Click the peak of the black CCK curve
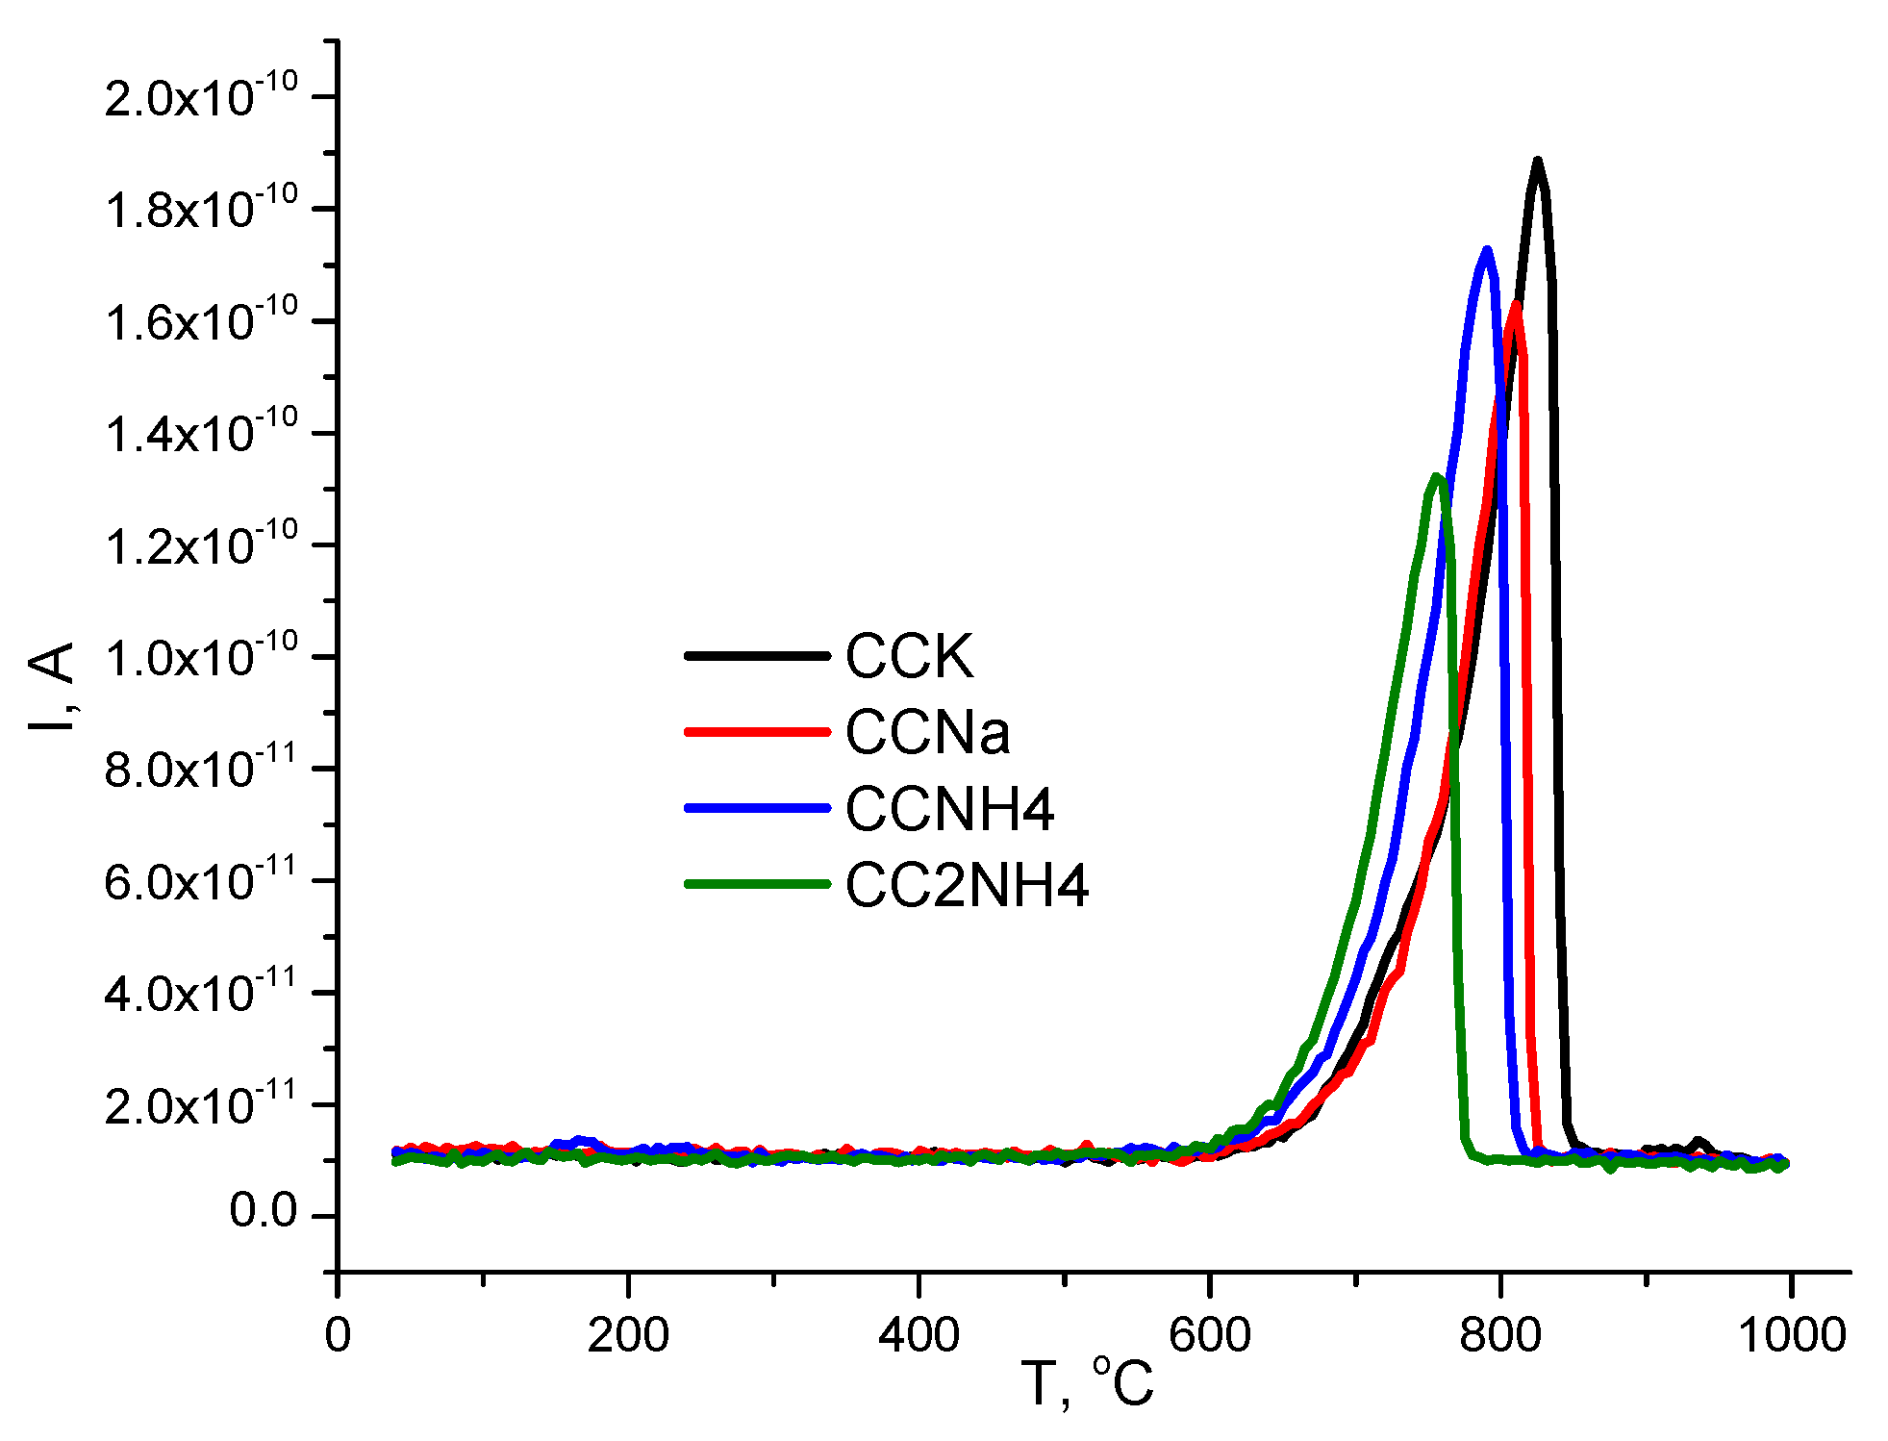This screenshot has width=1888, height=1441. pyautogui.click(x=1537, y=162)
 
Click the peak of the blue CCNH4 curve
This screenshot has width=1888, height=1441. pyautogui.click(x=1487, y=251)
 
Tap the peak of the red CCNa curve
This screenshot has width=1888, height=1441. pyautogui.click(x=1516, y=305)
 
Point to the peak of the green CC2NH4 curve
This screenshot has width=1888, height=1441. pyautogui.click(x=1436, y=477)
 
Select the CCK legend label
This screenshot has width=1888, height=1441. pyautogui.click(x=909, y=656)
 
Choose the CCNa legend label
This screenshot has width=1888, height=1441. pyautogui.click(x=927, y=732)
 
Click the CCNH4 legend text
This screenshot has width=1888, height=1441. pyautogui.click(x=949, y=808)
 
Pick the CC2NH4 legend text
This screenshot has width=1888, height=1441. pyautogui.click(x=966, y=884)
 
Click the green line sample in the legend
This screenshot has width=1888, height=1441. pyautogui.click(x=757, y=884)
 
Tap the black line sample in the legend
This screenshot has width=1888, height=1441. pyautogui.click(x=757, y=656)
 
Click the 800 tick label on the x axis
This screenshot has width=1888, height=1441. pyautogui.click(x=1499, y=1335)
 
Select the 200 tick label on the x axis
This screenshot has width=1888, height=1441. pyautogui.click(x=628, y=1335)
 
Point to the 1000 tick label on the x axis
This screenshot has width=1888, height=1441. pyautogui.click(x=1791, y=1335)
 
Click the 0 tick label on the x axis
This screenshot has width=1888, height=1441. pyautogui.click(x=338, y=1335)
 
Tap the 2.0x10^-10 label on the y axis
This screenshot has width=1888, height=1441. pyautogui.click(x=201, y=96)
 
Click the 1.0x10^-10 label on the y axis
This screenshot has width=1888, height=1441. pyautogui.click(x=201, y=657)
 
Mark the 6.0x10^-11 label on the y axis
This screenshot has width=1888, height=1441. pyautogui.click(x=201, y=880)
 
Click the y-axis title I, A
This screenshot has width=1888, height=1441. pyautogui.click(x=53, y=685)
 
